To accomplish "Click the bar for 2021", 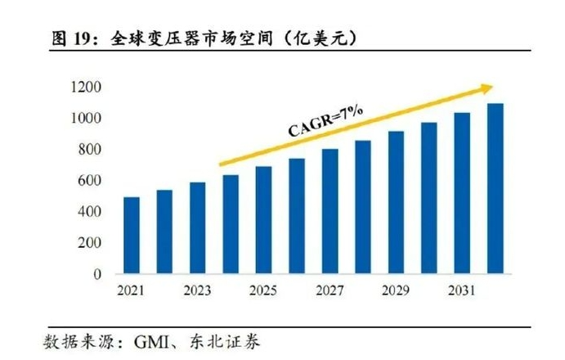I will pos(132,236).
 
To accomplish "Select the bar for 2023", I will pos(198,228).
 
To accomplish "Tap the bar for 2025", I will pos(264,220).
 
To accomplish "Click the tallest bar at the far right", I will pos(496,189).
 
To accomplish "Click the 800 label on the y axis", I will pos(89,150).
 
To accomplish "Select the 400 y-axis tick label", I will pos(89,212).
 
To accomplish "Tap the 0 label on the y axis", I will pos(96,275).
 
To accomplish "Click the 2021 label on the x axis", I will pos(132,291).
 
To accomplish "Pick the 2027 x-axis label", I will pos(330,291).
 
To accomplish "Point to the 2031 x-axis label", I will pos(463,291).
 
